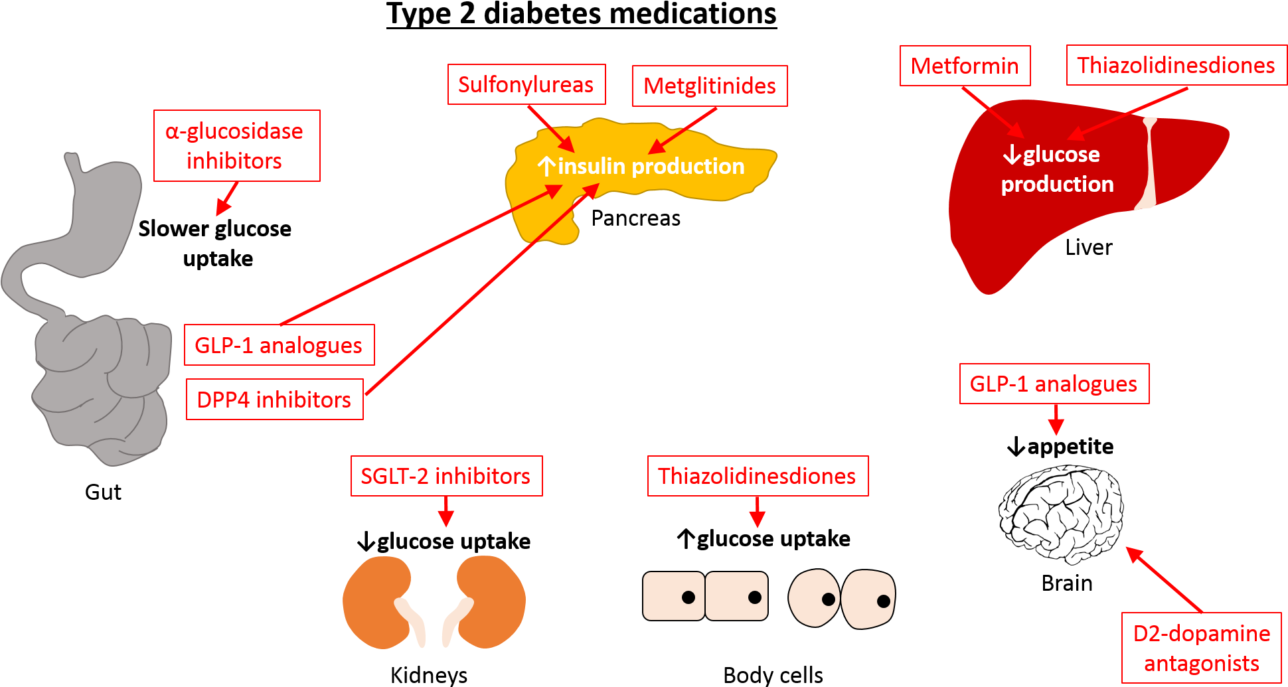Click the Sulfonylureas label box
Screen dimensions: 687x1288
[526, 84]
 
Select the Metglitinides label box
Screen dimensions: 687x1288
[710, 86]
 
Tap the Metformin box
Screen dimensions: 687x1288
[965, 66]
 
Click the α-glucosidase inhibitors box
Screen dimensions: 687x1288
[236, 145]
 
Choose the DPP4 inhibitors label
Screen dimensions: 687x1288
[274, 400]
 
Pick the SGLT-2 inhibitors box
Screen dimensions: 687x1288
[446, 476]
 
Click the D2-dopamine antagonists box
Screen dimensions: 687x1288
[1201, 648]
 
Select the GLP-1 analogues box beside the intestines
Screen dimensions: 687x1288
[279, 345]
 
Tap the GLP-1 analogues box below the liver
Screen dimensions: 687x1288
[1054, 384]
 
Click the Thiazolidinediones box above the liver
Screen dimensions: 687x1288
[1176, 65]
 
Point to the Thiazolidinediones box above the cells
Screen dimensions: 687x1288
[758, 476]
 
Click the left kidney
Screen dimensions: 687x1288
[375, 601]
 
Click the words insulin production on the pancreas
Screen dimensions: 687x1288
[651, 166]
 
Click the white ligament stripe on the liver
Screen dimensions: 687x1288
[1148, 163]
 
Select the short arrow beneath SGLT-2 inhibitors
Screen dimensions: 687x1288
[446, 513]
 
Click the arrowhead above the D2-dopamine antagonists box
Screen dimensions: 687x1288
[1133, 553]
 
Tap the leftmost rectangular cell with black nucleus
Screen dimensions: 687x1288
[673, 596]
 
